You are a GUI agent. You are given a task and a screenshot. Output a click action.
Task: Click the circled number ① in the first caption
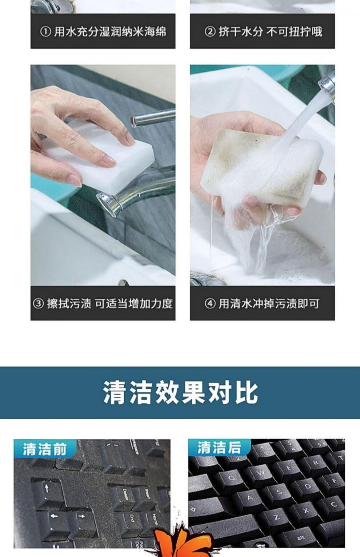(x=45, y=32)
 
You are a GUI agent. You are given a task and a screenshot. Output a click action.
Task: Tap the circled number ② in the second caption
(x=210, y=32)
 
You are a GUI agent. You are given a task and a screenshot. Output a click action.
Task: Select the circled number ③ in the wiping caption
(x=39, y=304)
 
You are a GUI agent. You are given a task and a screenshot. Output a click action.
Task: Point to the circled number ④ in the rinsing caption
(x=210, y=304)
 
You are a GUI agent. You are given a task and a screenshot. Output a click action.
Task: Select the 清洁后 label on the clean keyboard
(x=219, y=448)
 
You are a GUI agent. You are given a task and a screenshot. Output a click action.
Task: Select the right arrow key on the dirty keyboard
(x=82, y=520)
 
